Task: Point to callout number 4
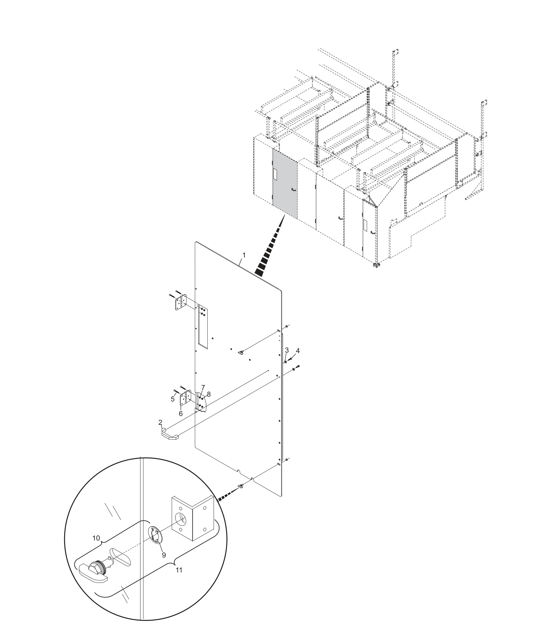tap(298, 351)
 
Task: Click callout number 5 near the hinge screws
tap(173, 399)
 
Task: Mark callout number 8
tap(209, 394)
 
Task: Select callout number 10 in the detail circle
tap(96, 538)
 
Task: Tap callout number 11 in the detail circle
tap(179, 570)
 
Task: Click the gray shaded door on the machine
tap(284, 183)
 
